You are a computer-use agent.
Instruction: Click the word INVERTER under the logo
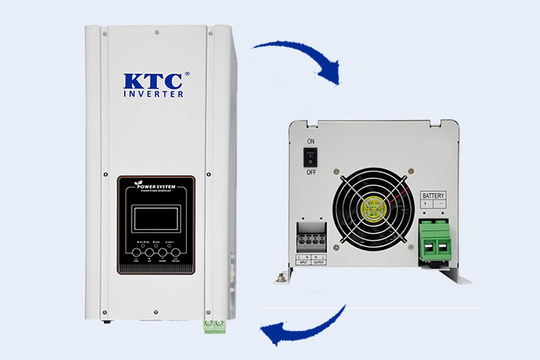point(154,94)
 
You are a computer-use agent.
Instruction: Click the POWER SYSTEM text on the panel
point(156,190)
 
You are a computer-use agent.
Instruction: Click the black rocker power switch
point(311,158)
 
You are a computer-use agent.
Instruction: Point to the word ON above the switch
point(311,142)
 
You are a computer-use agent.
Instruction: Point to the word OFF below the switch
point(311,173)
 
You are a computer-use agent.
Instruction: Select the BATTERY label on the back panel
point(433,196)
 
